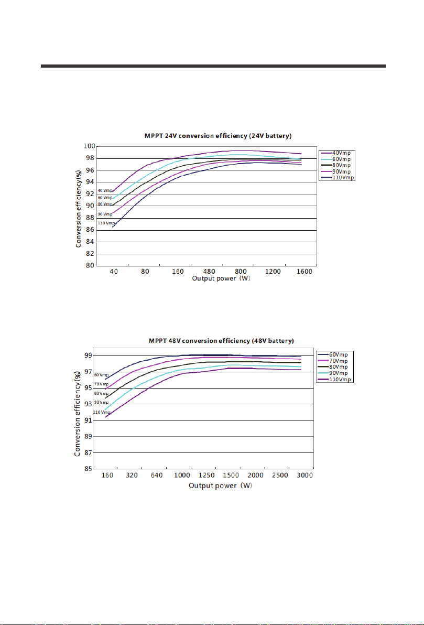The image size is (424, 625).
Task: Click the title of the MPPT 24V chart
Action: coord(218,136)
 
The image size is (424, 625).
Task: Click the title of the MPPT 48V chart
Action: coord(221,341)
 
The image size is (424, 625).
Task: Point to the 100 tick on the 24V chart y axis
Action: coord(89,147)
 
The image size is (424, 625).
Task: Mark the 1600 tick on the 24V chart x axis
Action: coord(304,272)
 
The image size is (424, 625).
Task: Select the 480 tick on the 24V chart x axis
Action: coord(209,272)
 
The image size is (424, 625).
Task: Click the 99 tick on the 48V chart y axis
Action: coord(88,355)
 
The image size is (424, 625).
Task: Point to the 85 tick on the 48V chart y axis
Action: coord(88,469)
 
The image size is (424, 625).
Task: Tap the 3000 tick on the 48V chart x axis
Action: coord(305,475)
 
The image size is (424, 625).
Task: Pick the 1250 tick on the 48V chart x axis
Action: coord(206,475)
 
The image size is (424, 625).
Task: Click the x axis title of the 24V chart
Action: coord(221,278)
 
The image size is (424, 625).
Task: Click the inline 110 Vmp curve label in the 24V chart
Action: coord(106,223)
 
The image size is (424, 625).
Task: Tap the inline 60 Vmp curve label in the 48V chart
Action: coord(101,375)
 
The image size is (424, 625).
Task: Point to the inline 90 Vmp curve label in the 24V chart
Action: coord(105,214)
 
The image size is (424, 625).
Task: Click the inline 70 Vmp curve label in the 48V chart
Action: coord(101,384)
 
